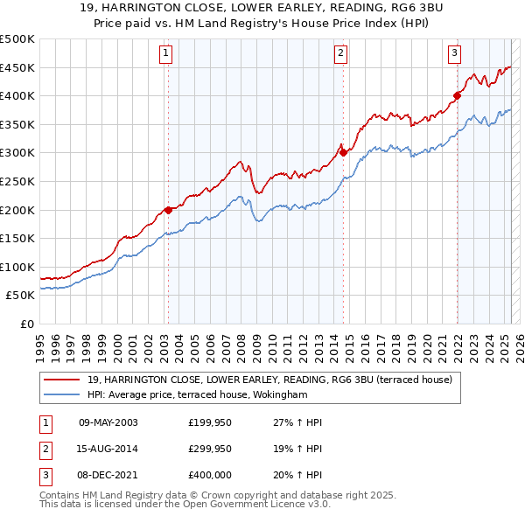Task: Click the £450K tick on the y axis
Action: point(17,67)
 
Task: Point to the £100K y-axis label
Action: point(17,267)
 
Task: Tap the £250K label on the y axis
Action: point(17,181)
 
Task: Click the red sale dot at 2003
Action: point(168,210)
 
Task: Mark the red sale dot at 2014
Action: point(343,152)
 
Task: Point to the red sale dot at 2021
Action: point(457,95)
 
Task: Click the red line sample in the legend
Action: point(61,380)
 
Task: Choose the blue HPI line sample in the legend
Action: point(61,394)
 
